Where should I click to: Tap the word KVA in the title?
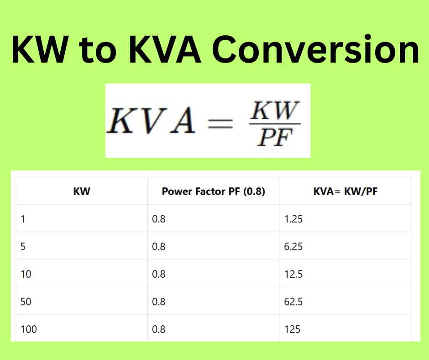click(x=165, y=50)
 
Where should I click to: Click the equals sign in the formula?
click(x=220, y=124)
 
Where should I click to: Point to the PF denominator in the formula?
click(x=275, y=137)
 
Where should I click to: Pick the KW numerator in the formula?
click(x=275, y=111)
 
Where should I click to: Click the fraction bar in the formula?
click(x=275, y=124)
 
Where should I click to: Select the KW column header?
click(x=82, y=191)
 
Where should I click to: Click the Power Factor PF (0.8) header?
click(x=214, y=191)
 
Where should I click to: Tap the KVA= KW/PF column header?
click(x=345, y=191)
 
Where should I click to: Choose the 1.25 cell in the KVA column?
click(x=293, y=219)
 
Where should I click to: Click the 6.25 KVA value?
click(x=293, y=247)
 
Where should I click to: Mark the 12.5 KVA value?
click(x=293, y=274)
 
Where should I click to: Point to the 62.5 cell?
click(x=293, y=302)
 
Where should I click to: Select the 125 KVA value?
click(x=292, y=329)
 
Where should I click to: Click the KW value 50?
click(x=26, y=302)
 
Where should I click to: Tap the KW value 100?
click(x=29, y=329)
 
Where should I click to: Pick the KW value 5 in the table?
click(x=23, y=247)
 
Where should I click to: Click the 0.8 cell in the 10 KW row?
click(x=159, y=274)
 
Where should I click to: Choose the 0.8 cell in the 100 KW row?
click(x=159, y=329)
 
